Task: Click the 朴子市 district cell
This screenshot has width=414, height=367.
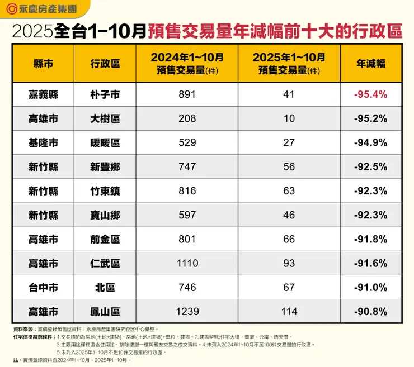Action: point(105,94)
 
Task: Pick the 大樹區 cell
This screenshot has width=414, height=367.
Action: point(105,118)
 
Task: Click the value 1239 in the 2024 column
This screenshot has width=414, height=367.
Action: point(187,311)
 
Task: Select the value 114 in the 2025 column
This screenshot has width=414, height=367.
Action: point(289,311)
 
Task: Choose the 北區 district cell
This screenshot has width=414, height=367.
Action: point(105,287)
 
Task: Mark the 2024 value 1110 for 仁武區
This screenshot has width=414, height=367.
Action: point(187,263)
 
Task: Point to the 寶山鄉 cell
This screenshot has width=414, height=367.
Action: point(105,215)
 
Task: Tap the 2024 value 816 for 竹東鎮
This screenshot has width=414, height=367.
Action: point(187,191)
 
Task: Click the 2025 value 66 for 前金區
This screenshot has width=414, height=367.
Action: point(289,239)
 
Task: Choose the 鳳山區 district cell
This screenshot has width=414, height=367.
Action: point(105,311)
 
